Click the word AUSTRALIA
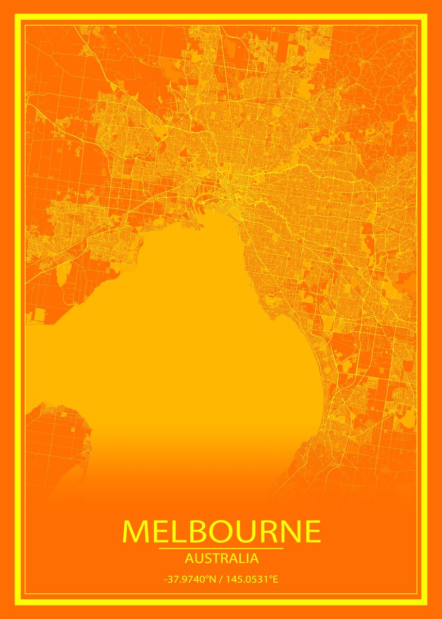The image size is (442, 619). (221, 558)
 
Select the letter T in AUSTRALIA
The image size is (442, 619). (211, 558)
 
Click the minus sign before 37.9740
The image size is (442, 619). (166, 580)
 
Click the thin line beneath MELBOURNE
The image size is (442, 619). (221, 548)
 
